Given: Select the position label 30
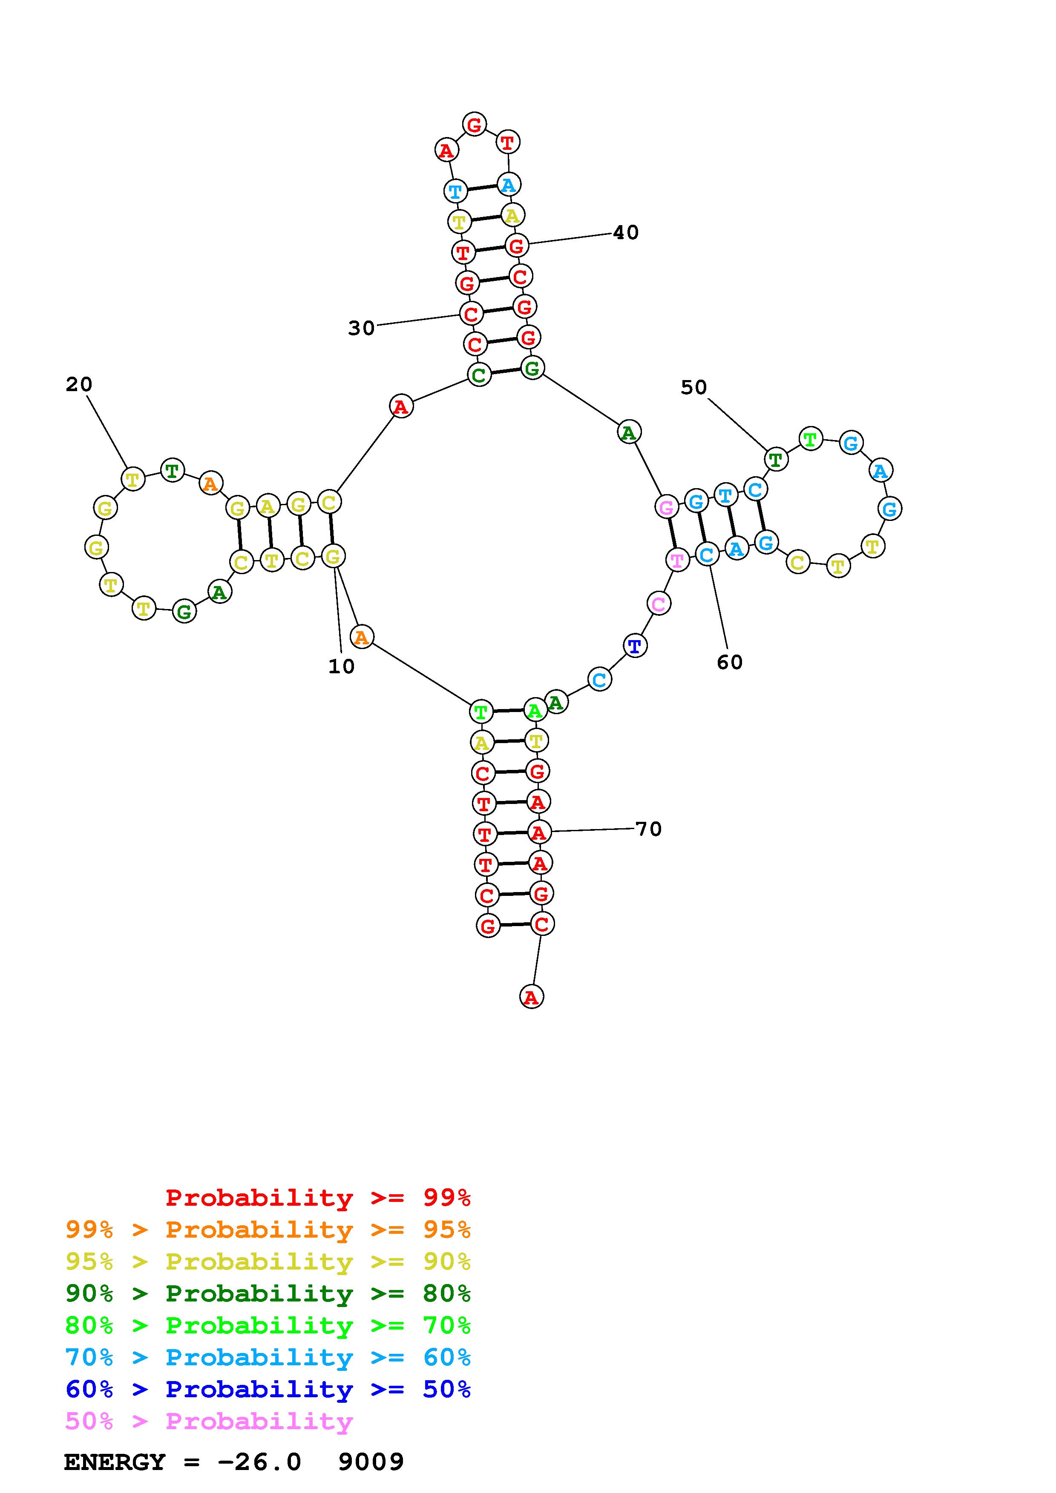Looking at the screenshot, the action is (361, 329).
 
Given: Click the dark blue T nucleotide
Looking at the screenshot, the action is (635, 646).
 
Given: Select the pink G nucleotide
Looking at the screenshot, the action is (666, 507).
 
